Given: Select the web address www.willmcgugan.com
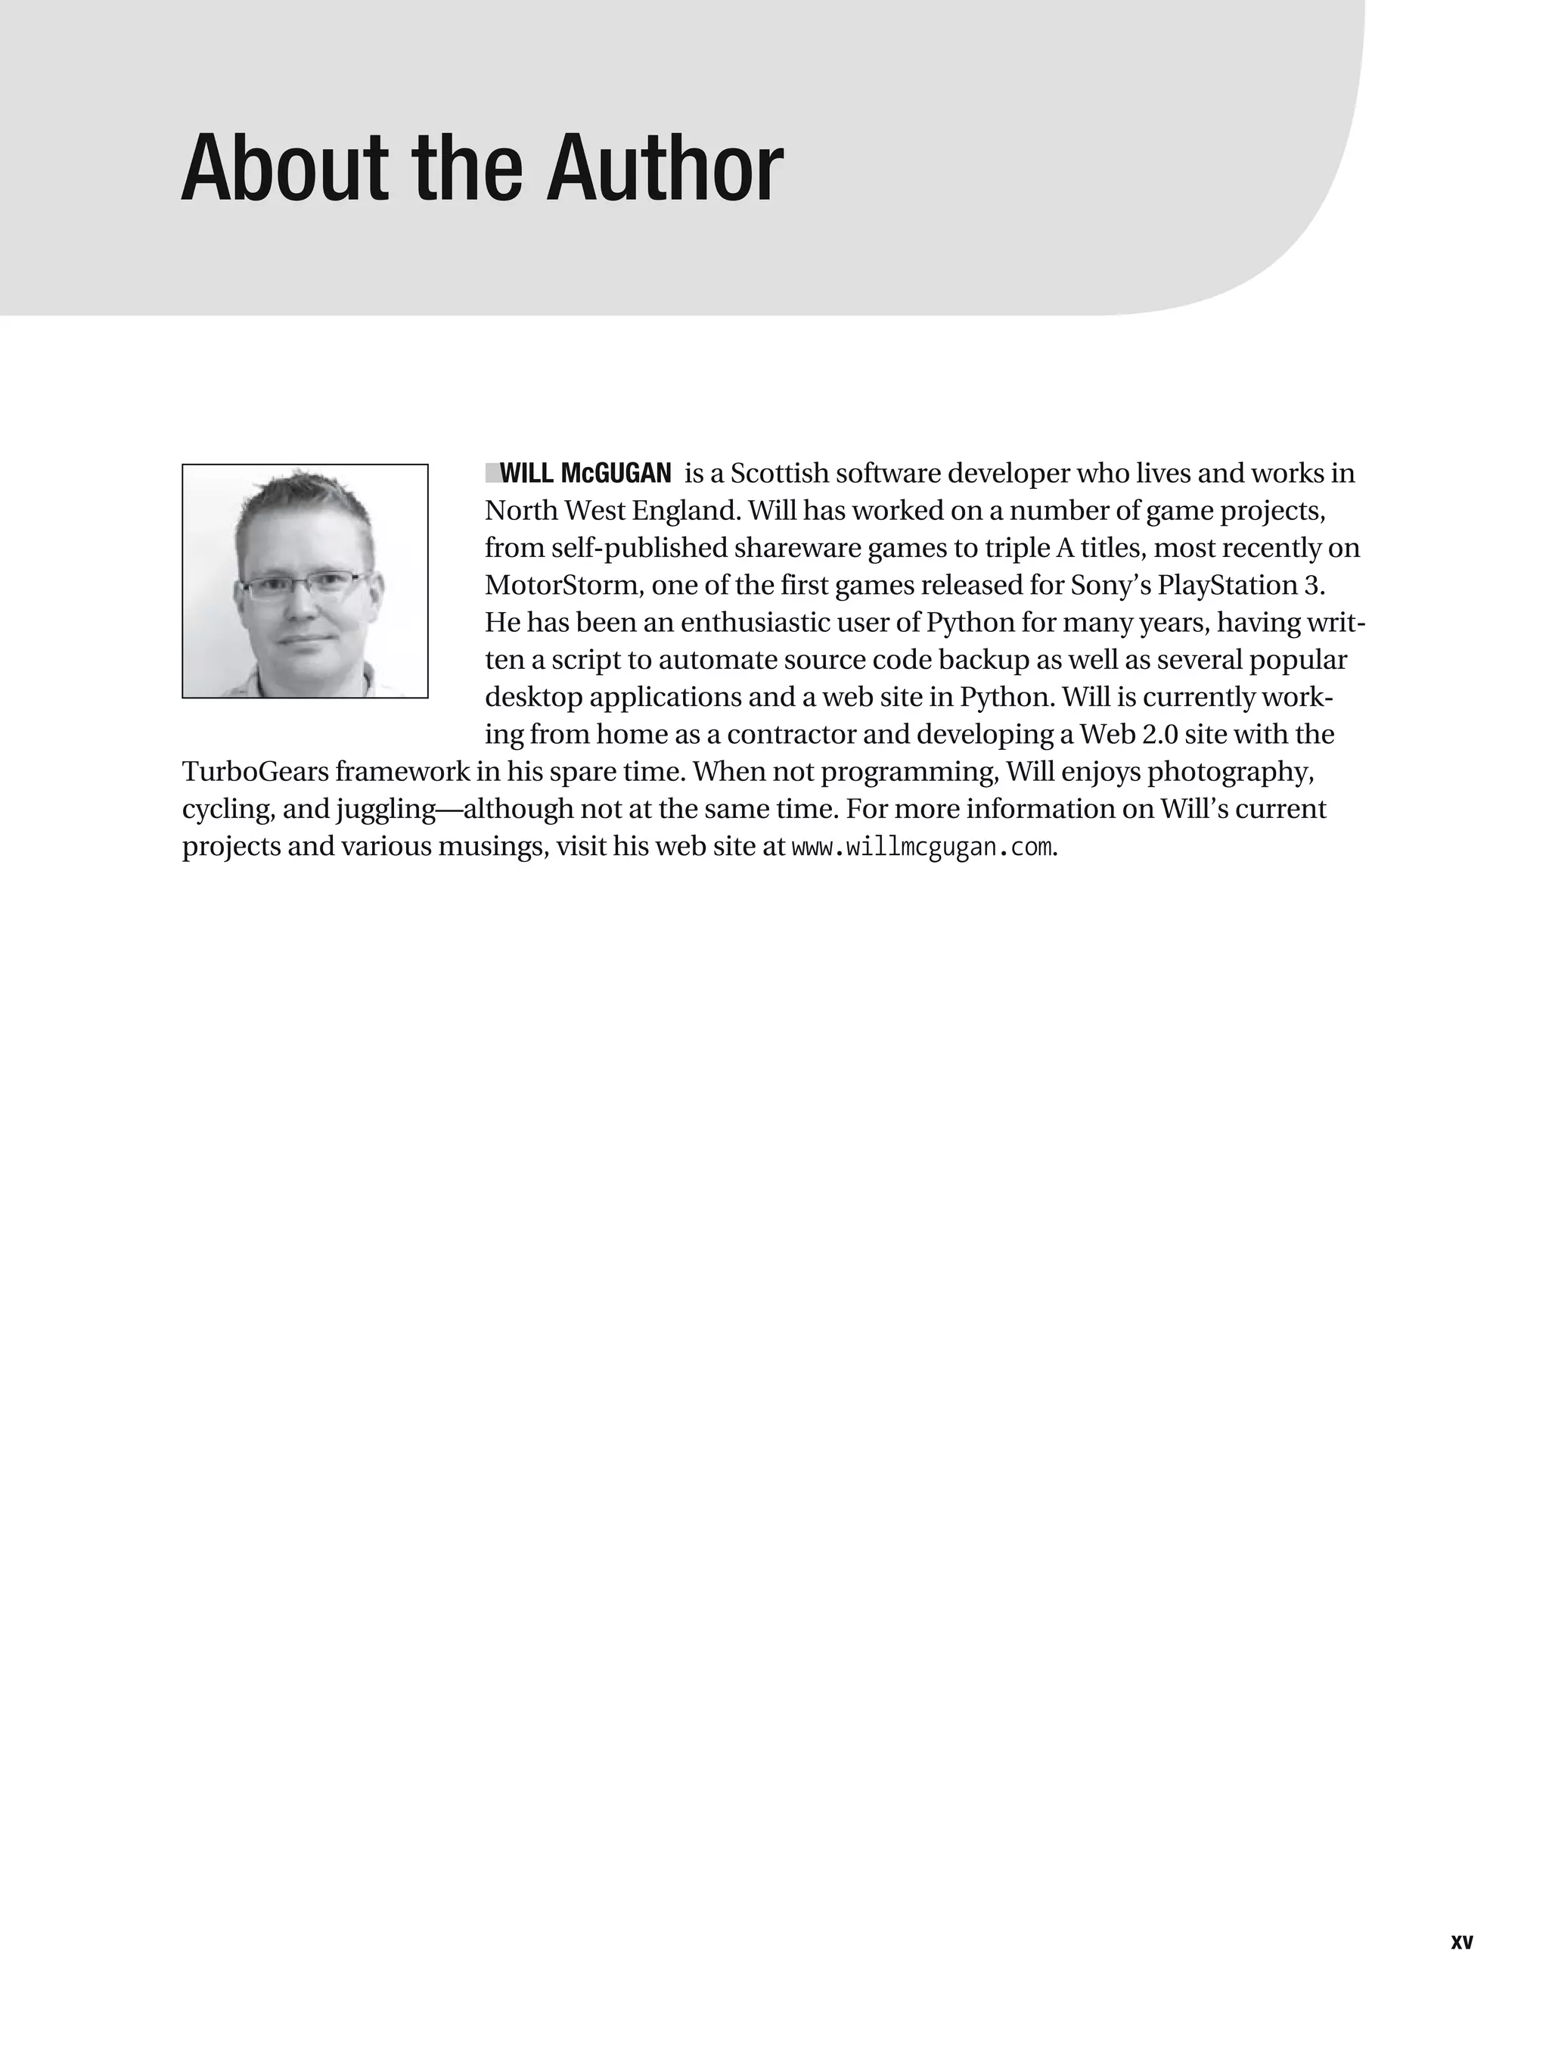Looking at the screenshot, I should (x=922, y=848).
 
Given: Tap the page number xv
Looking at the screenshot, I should (x=1462, y=1942).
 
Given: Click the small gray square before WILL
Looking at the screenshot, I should (x=492, y=473).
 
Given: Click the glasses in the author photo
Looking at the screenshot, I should (x=301, y=586).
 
